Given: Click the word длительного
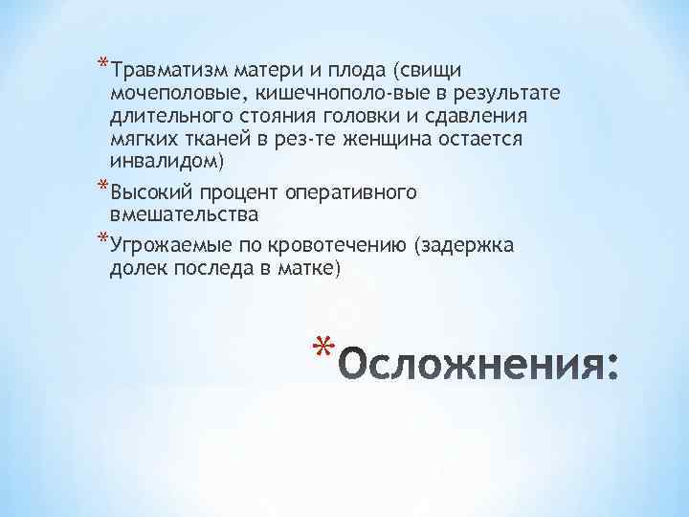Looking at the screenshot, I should pyautogui.click(x=167, y=116).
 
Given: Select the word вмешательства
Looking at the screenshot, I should pyautogui.click(x=184, y=214).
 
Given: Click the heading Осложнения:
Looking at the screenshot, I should pyautogui.click(x=479, y=366).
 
